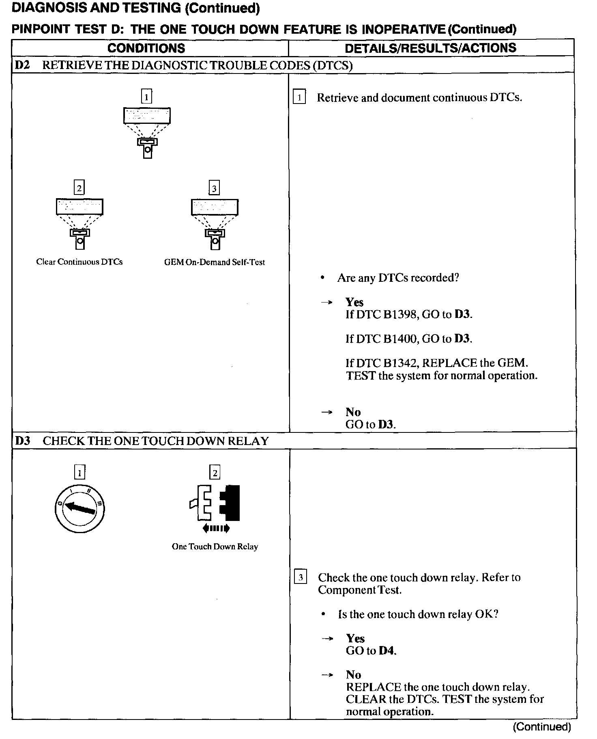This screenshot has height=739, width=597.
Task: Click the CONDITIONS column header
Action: (146, 48)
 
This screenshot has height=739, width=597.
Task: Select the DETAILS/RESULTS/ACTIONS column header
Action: (430, 48)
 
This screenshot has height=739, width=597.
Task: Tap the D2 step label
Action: (23, 65)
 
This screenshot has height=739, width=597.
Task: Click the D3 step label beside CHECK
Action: (23, 441)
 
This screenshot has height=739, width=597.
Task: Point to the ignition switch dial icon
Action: (79, 509)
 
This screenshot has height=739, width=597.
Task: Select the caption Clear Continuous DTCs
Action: (79, 262)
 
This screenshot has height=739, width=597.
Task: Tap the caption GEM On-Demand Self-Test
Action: (214, 262)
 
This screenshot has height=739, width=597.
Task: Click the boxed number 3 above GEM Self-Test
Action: (214, 188)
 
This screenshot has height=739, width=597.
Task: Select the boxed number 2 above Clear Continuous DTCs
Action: (79, 188)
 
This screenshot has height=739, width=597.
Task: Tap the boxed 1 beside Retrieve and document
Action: (299, 97)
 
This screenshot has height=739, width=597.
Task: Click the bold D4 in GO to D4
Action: (387, 650)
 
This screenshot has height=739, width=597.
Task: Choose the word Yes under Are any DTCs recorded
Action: (354, 302)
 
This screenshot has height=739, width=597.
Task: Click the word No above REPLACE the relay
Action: (353, 675)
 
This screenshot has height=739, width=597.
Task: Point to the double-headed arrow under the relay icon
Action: (216, 528)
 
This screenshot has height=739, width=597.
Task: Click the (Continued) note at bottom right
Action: (542, 727)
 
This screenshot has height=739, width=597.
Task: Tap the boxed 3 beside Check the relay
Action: (300, 577)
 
